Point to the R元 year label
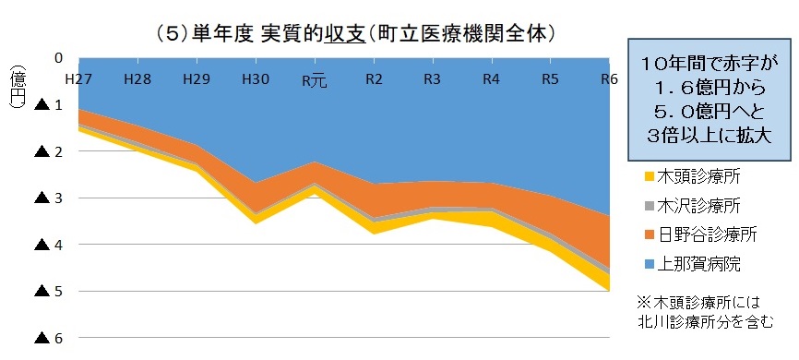click(315, 81)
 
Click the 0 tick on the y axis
click(58, 57)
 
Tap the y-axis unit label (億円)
click(17, 90)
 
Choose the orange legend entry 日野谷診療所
click(697, 234)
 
